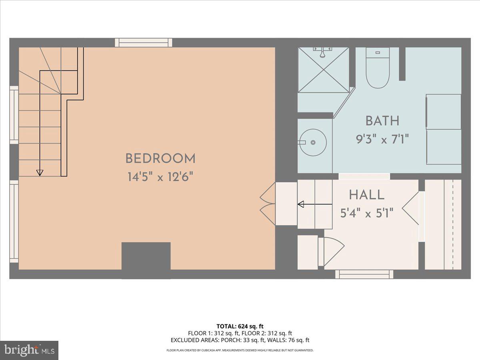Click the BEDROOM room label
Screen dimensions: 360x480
[x=160, y=158]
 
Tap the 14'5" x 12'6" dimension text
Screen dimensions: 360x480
[x=160, y=177]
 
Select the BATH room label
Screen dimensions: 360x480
[x=382, y=120]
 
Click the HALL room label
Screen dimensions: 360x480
[x=367, y=195]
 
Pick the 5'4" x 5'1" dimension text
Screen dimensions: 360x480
[x=367, y=213]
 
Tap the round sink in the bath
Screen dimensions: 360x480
[x=313, y=142]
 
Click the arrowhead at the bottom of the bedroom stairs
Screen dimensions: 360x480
[x=39, y=172]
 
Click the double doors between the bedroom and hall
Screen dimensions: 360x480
[x=267, y=204]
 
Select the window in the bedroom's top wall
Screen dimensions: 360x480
[x=144, y=42]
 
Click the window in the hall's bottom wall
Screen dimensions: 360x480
[x=364, y=274]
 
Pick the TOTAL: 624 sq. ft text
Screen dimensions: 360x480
[x=240, y=326]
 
